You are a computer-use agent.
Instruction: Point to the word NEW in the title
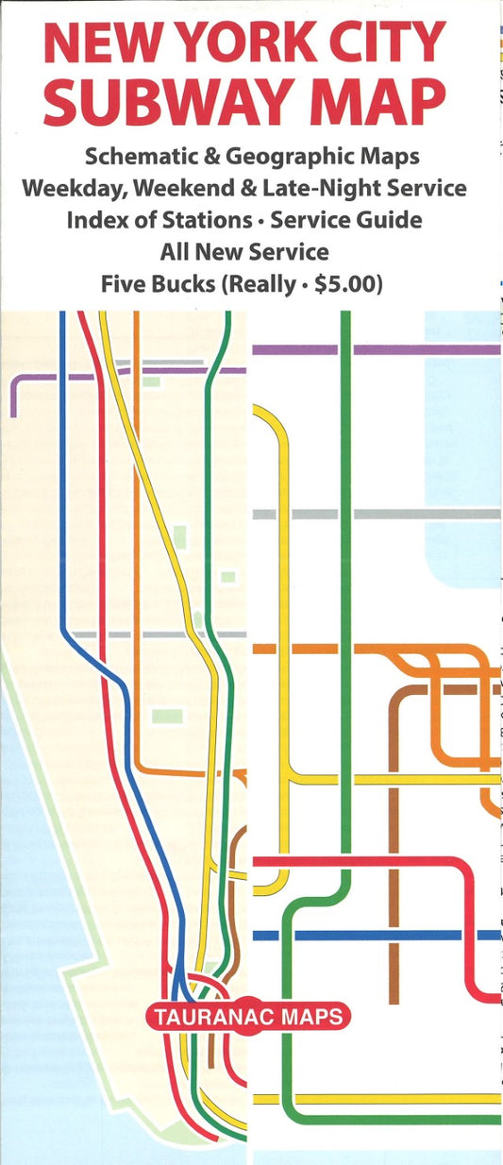point(101,43)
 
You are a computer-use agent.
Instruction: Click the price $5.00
point(344,284)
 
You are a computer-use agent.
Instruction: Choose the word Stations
point(220,220)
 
